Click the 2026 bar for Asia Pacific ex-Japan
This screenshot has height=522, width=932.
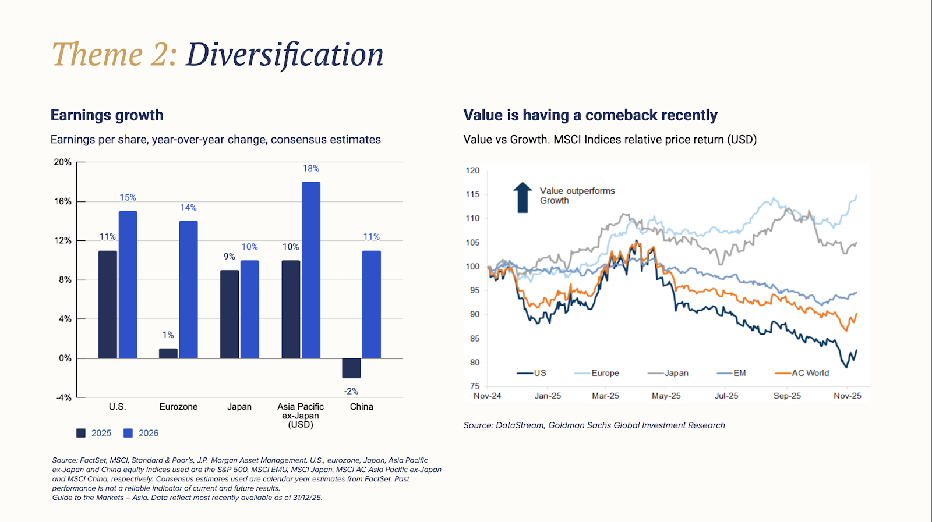[311, 270]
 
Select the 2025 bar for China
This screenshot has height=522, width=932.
[351, 368]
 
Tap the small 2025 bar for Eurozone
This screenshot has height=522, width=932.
[168, 353]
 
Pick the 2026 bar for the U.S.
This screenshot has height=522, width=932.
[128, 285]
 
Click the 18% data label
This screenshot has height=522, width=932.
[310, 168]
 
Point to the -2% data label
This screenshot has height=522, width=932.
[351, 391]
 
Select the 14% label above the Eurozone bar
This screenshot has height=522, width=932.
[188, 207]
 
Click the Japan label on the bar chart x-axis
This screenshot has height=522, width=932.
[239, 407]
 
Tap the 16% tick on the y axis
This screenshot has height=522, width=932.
[63, 201]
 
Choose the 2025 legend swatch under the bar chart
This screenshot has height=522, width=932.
[81, 433]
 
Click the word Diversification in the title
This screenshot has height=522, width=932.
[284, 55]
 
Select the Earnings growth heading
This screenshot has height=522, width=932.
[107, 115]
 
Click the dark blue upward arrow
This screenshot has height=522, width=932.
[523, 197]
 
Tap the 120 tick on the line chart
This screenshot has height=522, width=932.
[472, 171]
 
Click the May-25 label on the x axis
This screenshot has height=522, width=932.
[666, 396]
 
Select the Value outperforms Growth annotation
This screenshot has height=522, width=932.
[577, 196]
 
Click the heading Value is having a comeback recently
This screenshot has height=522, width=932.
[590, 115]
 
